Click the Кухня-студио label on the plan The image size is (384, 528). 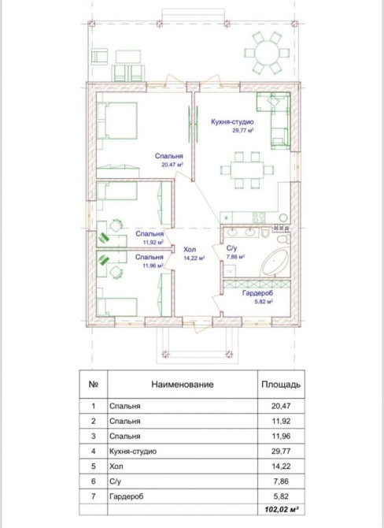point(232,121)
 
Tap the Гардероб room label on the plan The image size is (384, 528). point(257,293)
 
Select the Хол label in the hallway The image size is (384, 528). point(190,250)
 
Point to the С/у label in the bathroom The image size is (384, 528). point(231,248)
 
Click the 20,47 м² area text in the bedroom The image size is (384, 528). point(172,165)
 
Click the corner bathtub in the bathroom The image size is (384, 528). point(275,262)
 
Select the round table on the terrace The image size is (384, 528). point(267,53)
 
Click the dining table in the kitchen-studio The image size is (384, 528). point(247,170)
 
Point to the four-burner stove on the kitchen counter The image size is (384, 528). point(259,218)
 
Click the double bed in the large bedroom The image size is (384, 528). point(117,121)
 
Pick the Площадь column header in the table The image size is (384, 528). point(281,385)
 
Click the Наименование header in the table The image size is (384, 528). point(183,385)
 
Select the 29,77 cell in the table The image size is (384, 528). point(281,451)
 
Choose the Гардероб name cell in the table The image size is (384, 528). point(126,496)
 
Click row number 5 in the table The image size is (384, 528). point(94,466)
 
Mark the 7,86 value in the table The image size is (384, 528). point(281,482)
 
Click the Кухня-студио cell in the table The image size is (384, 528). point(133,452)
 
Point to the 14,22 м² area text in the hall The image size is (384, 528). point(194,258)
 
